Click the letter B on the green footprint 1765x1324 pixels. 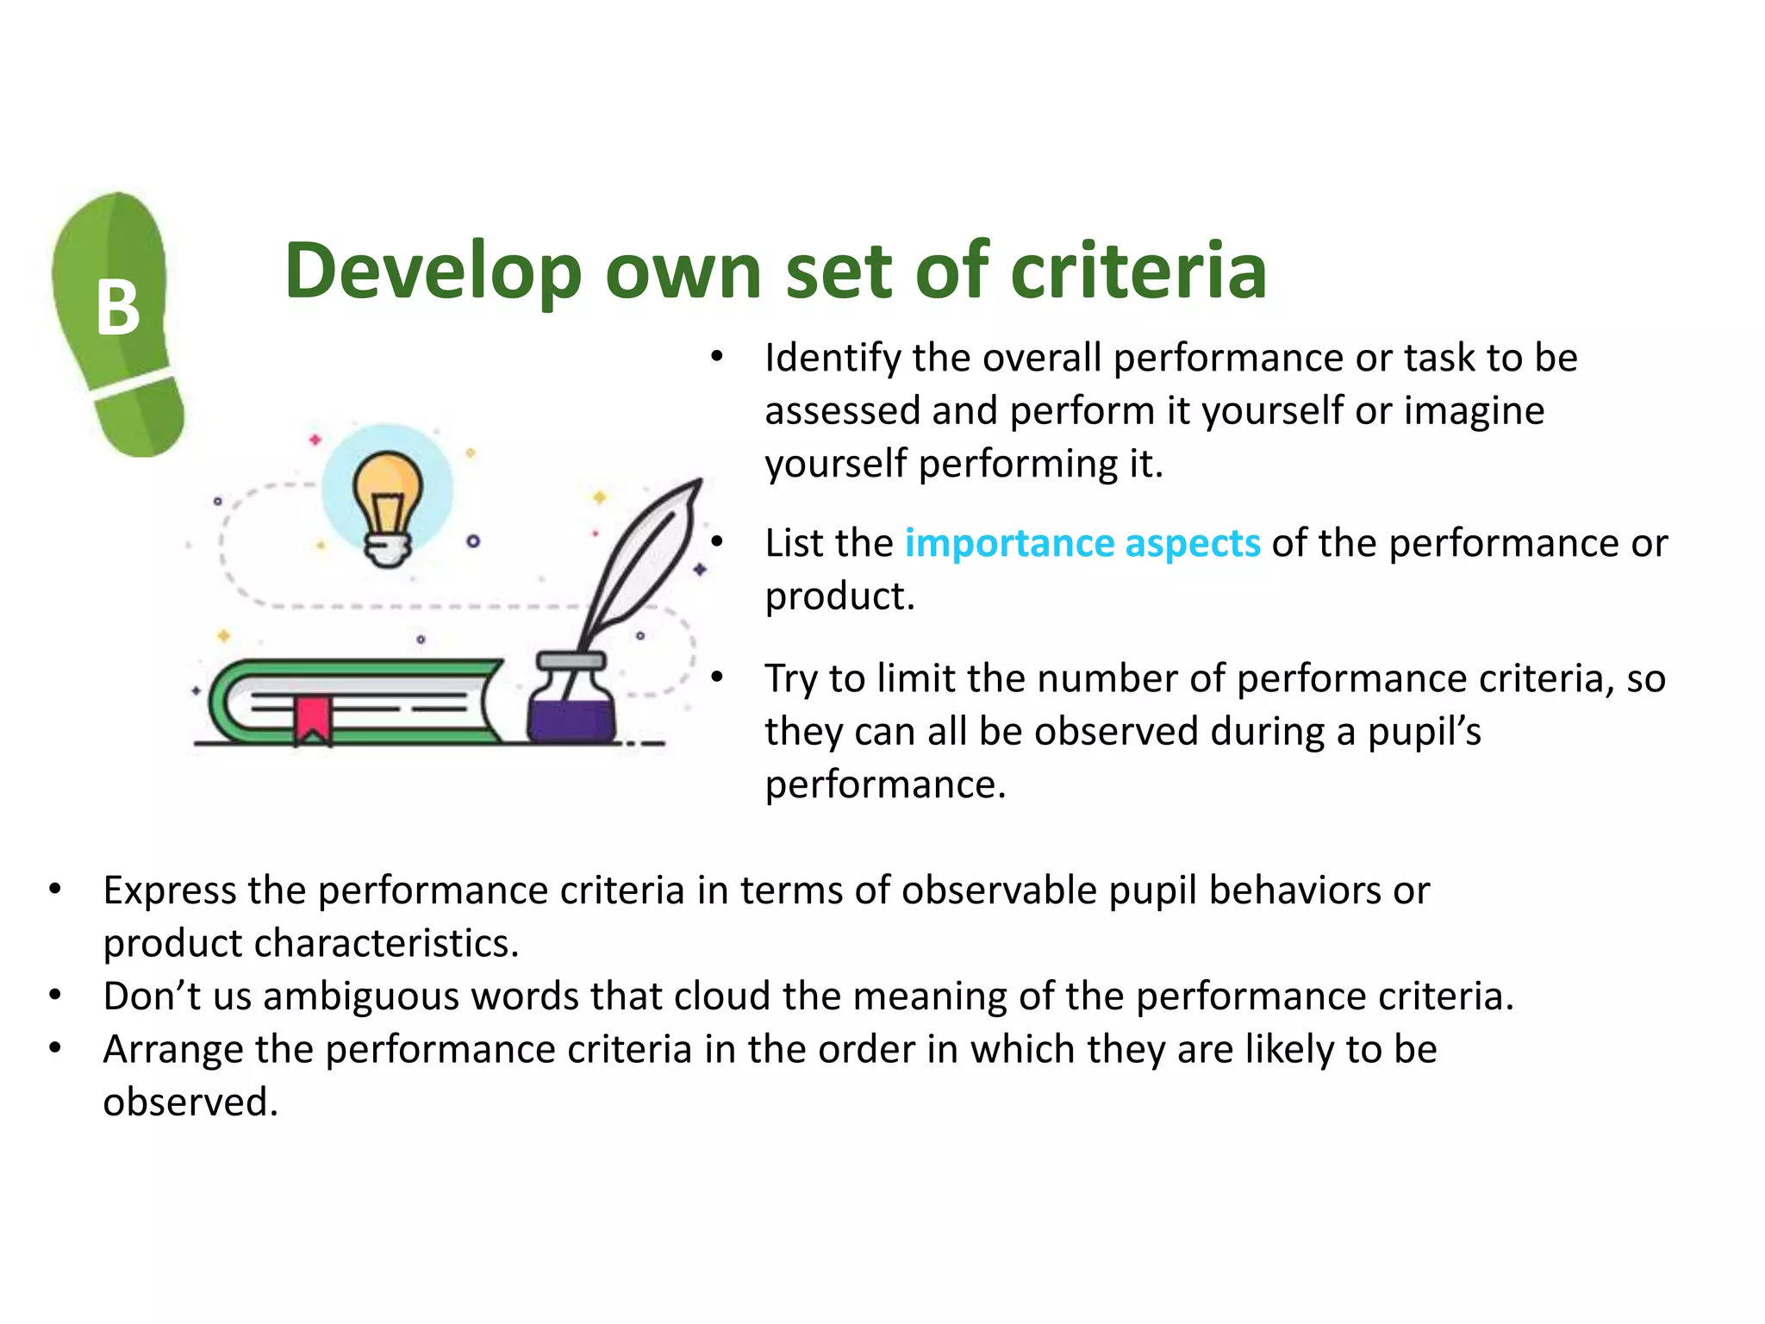[118, 308]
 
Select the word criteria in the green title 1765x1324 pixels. [1138, 272]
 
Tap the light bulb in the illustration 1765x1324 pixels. [388, 504]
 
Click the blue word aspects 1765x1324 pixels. [1193, 543]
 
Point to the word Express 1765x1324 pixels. [170, 890]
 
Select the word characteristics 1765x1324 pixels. [386, 943]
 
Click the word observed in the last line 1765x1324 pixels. [190, 1102]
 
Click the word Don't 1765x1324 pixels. [152, 996]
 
